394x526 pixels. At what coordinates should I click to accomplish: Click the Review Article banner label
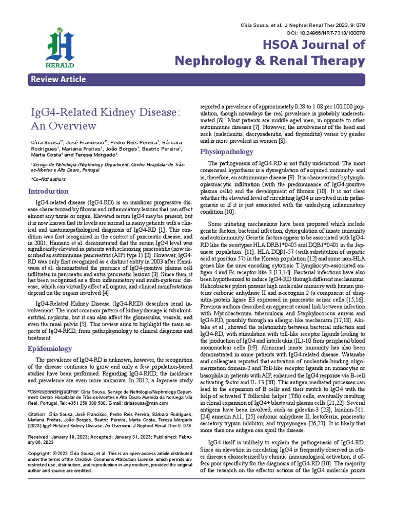(x=58, y=80)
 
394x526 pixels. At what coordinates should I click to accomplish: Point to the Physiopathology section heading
(x=226, y=152)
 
